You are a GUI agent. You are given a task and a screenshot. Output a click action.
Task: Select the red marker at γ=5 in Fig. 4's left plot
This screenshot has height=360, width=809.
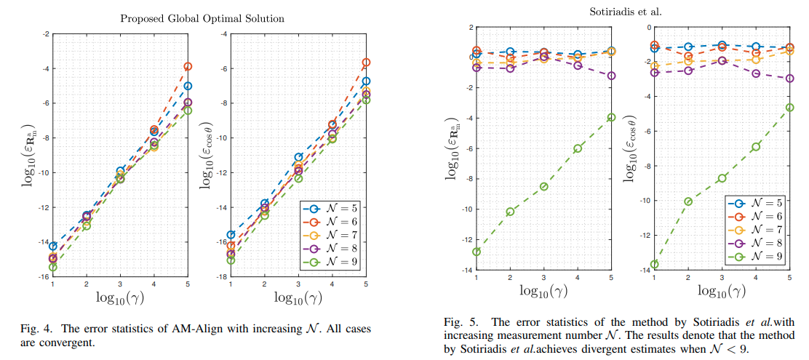(x=188, y=66)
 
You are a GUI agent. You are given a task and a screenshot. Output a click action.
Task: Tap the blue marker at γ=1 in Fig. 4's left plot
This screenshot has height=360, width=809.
(x=52, y=246)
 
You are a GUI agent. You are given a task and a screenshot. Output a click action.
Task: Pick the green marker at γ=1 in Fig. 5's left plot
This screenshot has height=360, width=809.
(x=477, y=252)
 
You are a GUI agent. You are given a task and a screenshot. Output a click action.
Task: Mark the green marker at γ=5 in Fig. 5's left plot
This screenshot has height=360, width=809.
(x=611, y=117)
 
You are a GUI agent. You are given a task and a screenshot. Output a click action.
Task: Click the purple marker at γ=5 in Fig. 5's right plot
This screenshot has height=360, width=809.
(x=789, y=79)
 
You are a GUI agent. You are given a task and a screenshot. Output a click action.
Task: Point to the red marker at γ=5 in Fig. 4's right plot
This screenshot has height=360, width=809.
(x=366, y=63)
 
